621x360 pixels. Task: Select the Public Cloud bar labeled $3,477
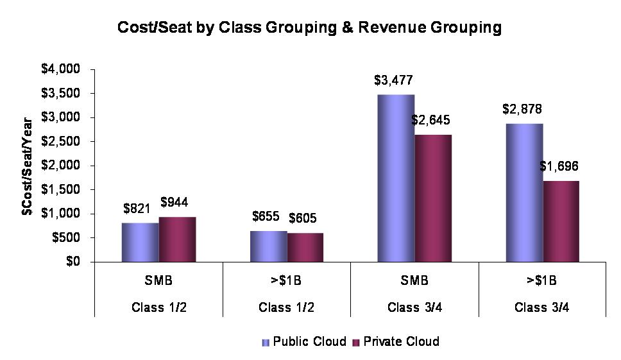(x=395, y=178)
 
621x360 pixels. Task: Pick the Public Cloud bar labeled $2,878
(x=524, y=193)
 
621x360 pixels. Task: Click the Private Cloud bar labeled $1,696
(x=561, y=221)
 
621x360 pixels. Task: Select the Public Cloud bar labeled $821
(x=140, y=242)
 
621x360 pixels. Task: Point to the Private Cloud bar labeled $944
(x=178, y=239)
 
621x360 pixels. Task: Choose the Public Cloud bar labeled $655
(x=268, y=246)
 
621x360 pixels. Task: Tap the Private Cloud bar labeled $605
(x=305, y=247)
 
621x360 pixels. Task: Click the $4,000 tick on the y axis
(x=65, y=69)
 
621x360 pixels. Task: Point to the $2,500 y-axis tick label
(x=65, y=141)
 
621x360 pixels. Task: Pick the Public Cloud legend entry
(x=305, y=341)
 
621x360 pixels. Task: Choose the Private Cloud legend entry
(x=396, y=341)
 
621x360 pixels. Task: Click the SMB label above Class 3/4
(x=414, y=280)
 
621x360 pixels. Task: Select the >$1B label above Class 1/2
(x=286, y=280)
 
